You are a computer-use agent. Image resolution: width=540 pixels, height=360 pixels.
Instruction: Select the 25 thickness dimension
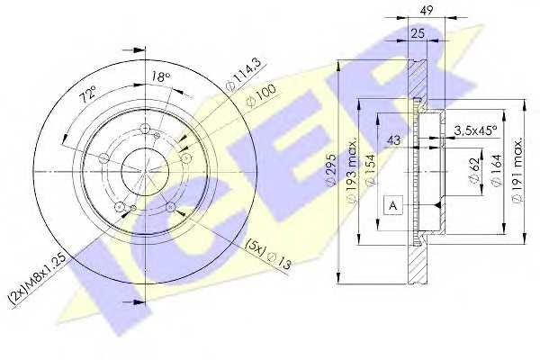418,34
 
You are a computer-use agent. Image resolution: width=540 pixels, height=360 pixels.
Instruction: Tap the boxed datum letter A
392,206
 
